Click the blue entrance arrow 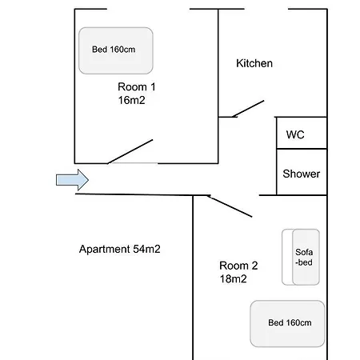(x=72, y=180)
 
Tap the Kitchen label (x=254, y=63)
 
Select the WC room (x=302, y=133)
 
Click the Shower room (x=302, y=172)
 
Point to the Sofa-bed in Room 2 (x=301, y=257)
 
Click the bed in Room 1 (x=116, y=50)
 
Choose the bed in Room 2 (x=287, y=324)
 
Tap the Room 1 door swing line (x=130, y=151)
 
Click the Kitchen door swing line (x=248, y=109)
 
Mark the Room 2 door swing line (x=230, y=206)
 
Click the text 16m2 (x=131, y=100)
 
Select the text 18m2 (x=233, y=279)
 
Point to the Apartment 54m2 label (x=120, y=249)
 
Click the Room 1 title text (x=137, y=87)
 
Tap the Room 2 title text (x=238, y=266)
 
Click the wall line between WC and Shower (x=302, y=149)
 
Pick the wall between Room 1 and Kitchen (x=218, y=86)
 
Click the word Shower (x=302, y=174)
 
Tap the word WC (x=295, y=134)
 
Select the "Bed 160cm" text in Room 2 (x=290, y=322)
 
